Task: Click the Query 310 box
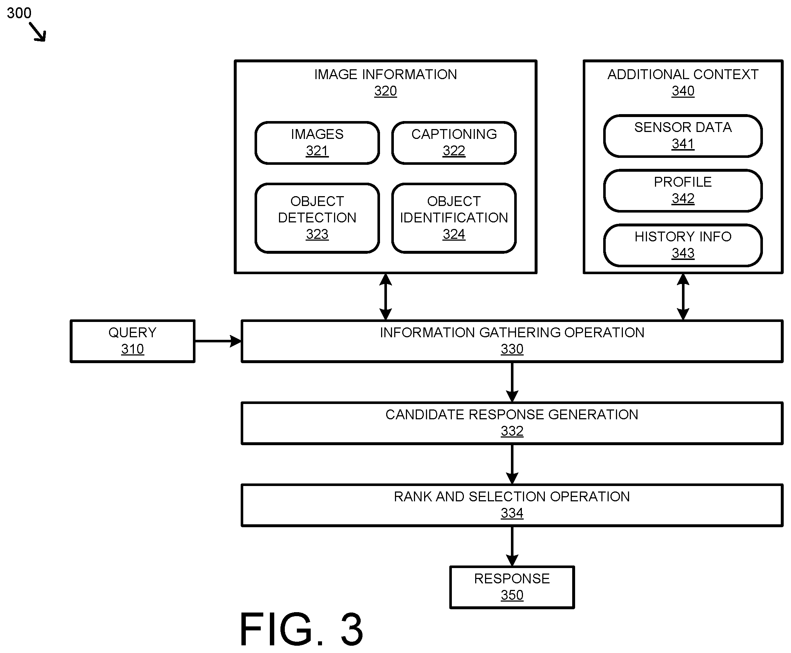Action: pos(132,341)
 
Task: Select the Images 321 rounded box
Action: pos(317,143)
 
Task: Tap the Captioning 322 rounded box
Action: pos(454,143)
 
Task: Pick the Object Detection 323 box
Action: pos(317,218)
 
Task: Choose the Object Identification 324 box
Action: pos(454,218)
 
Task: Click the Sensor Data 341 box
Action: pos(683,136)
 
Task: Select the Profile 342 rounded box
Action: pos(683,191)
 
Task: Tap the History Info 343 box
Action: pos(683,245)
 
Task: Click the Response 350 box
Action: pos(512,587)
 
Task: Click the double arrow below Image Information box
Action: pos(385,297)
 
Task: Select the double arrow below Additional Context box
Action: pos(683,297)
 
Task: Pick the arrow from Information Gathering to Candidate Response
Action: pos(512,382)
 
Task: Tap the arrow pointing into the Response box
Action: pos(512,546)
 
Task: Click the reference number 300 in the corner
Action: pos(19,13)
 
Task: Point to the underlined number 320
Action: pos(385,92)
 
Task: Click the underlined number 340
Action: pos(683,92)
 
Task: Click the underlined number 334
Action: pos(512,513)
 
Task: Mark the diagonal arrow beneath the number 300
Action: pos(38,32)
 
